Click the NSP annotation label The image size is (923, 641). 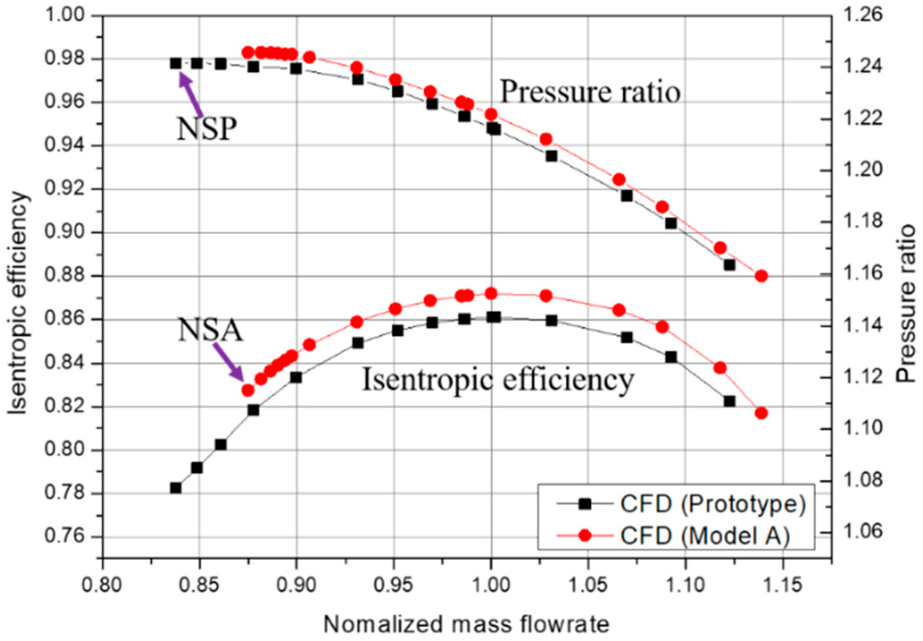[x=207, y=129]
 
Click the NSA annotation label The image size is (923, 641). [x=210, y=330]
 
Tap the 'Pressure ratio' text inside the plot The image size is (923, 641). [x=590, y=92]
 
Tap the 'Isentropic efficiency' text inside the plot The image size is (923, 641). [x=498, y=380]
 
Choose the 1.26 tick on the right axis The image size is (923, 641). [x=862, y=15]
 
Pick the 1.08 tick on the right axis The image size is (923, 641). [x=862, y=481]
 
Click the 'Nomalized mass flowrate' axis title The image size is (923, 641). [x=466, y=624]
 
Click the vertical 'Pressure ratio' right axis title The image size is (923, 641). [x=906, y=303]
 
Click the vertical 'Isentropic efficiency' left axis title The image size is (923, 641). [x=18, y=302]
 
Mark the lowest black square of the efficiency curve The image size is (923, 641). [x=176, y=488]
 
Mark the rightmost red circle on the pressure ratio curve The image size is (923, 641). [x=761, y=276]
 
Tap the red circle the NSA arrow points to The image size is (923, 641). [x=248, y=390]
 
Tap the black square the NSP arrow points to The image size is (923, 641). [x=176, y=63]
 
